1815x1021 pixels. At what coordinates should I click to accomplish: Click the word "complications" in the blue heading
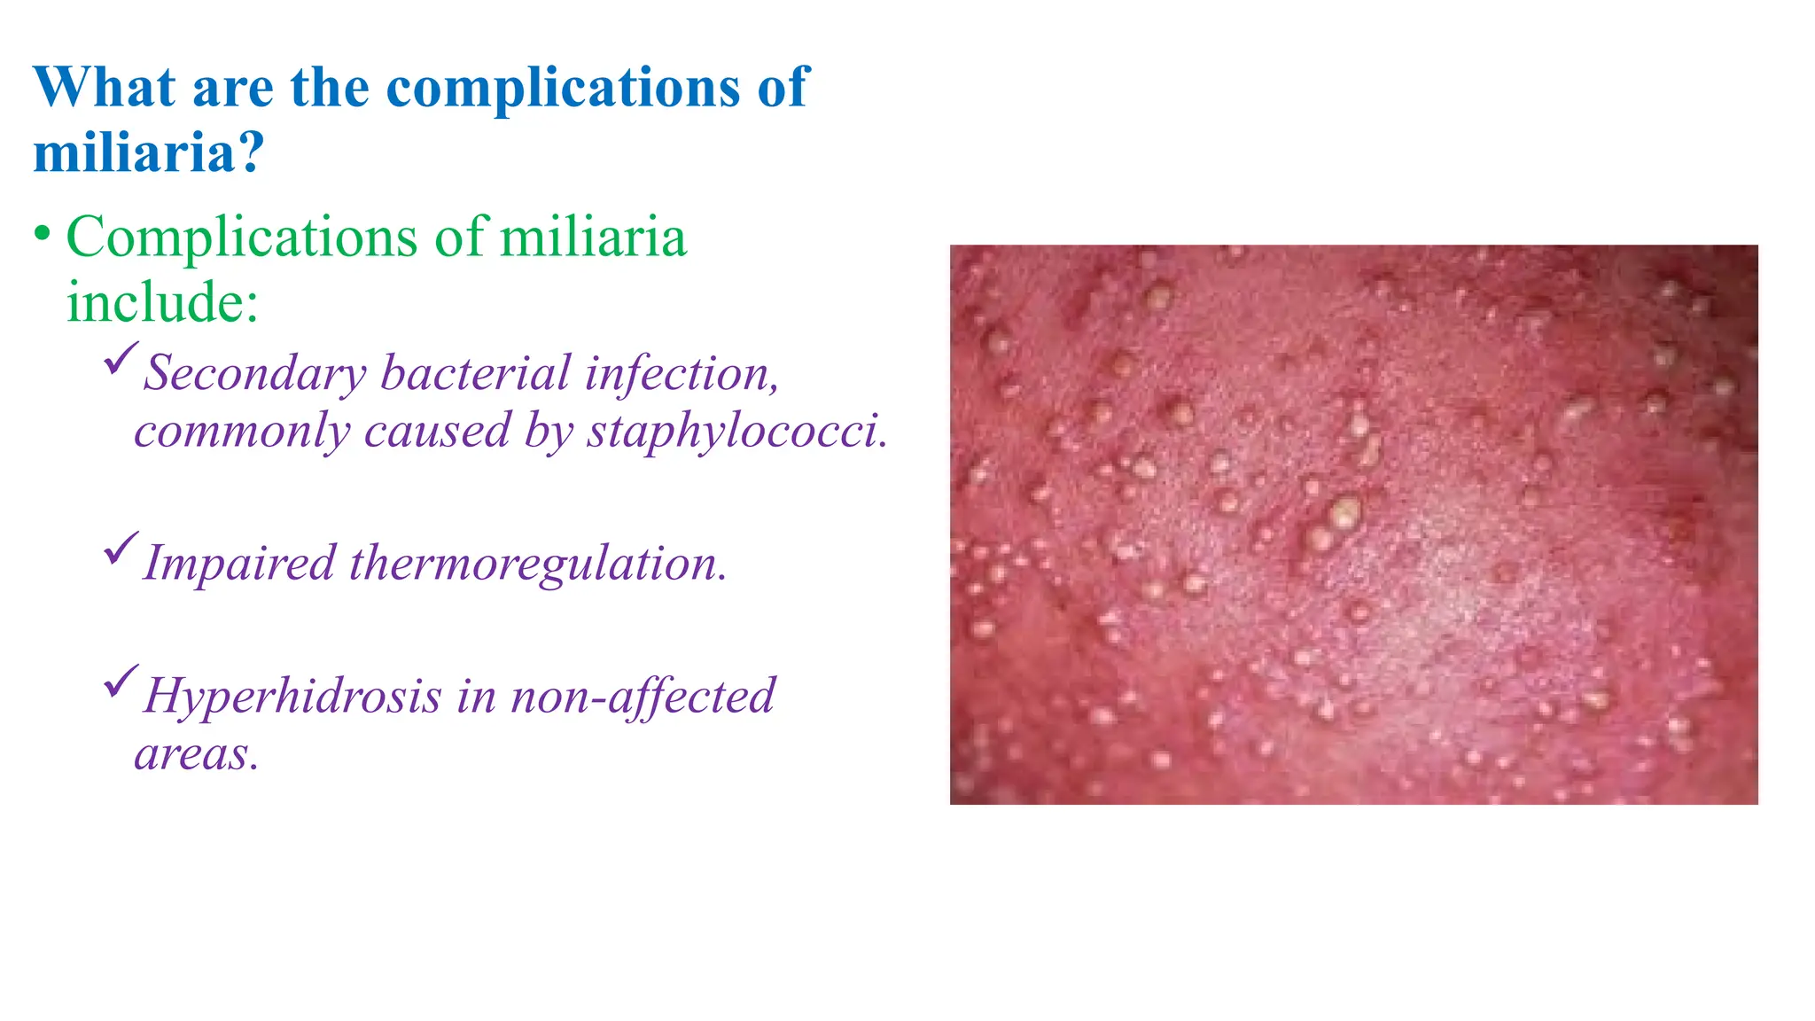(x=563, y=88)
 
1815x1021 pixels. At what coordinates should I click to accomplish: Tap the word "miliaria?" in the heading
(x=149, y=152)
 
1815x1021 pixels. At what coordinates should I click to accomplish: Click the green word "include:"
(x=162, y=302)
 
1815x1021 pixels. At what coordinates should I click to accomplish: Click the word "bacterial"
(x=475, y=373)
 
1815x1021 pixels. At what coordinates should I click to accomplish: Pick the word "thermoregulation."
(x=538, y=564)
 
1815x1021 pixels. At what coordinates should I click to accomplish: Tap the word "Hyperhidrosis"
(x=292, y=697)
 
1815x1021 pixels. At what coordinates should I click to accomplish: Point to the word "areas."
(x=197, y=755)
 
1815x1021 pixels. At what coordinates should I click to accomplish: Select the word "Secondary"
(x=255, y=373)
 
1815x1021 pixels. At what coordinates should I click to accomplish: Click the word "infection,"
(x=682, y=373)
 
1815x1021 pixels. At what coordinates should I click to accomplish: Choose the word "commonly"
(x=242, y=432)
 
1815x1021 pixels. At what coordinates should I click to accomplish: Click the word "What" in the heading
(x=105, y=88)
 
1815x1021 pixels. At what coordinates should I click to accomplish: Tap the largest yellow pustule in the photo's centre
(x=1345, y=512)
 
